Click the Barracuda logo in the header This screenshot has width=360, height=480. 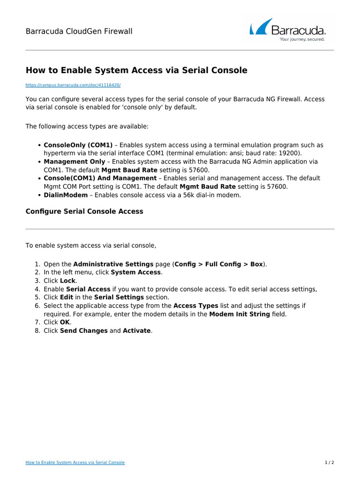click(x=288, y=30)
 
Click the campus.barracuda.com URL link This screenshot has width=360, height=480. click(x=73, y=85)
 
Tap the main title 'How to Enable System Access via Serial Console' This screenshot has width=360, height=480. click(x=136, y=70)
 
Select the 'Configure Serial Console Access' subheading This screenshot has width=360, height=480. click(x=84, y=211)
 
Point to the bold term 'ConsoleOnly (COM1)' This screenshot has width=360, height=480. click(x=78, y=145)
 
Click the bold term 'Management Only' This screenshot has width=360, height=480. click(x=75, y=162)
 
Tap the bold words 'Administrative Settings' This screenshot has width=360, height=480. click(x=113, y=264)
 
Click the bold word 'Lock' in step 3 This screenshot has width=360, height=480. click(x=67, y=281)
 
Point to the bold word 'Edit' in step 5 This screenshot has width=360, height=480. click(x=67, y=297)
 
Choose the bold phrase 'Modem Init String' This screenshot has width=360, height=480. click(x=240, y=314)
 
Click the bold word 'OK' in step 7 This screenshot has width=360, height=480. click(x=65, y=322)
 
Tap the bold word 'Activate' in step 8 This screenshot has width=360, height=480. click(x=136, y=331)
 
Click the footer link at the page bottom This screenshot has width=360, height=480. click(x=75, y=463)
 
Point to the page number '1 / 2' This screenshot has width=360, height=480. click(x=330, y=463)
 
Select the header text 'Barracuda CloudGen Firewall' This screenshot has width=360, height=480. click(x=79, y=31)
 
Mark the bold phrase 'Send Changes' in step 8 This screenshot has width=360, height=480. click(x=84, y=331)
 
